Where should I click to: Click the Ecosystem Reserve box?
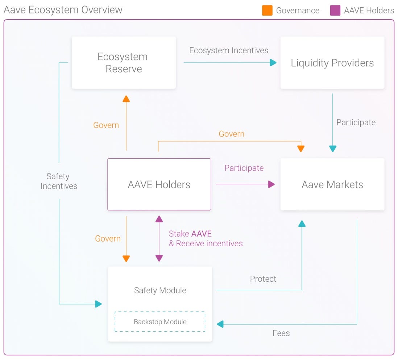pyautogui.click(x=124, y=63)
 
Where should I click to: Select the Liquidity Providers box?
pyautogui.click(x=332, y=63)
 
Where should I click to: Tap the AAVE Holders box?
pyautogui.click(x=159, y=184)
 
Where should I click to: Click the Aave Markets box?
pyautogui.click(x=332, y=184)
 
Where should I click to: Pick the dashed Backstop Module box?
pyautogui.click(x=160, y=322)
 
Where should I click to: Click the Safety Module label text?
pyautogui.click(x=160, y=290)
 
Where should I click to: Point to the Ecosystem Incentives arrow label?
pyautogui.click(x=229, y=50)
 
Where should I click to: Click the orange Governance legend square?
pyautogui.click(x=267, y=11)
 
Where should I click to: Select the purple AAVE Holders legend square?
pyautogui.click(x=335, y=11)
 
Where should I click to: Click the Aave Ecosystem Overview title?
pyautogui.click(x=63, y=10)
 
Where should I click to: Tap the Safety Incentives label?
pyautogui.click(x=58, y=181)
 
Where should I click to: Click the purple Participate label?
pyautogui.click(x=244, y=168)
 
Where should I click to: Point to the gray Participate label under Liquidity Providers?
pyautogui.click(x=356, y=122)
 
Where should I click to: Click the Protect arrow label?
pyautogui.click(x=263, y=279)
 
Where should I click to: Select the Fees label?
pyautogui.click(x=281, y=333)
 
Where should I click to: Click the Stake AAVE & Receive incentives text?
pyautogui.click(x=206, y=239)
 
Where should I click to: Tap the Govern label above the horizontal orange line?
pyautogui.click(x=231, y=134)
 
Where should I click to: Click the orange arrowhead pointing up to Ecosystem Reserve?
pyautogui.click(x=126, y=99)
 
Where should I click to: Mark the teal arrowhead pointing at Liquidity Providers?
pyautogui.click(x=273, y=63)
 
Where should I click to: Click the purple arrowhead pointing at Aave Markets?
pyautogui.click(x=271, y=184)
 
